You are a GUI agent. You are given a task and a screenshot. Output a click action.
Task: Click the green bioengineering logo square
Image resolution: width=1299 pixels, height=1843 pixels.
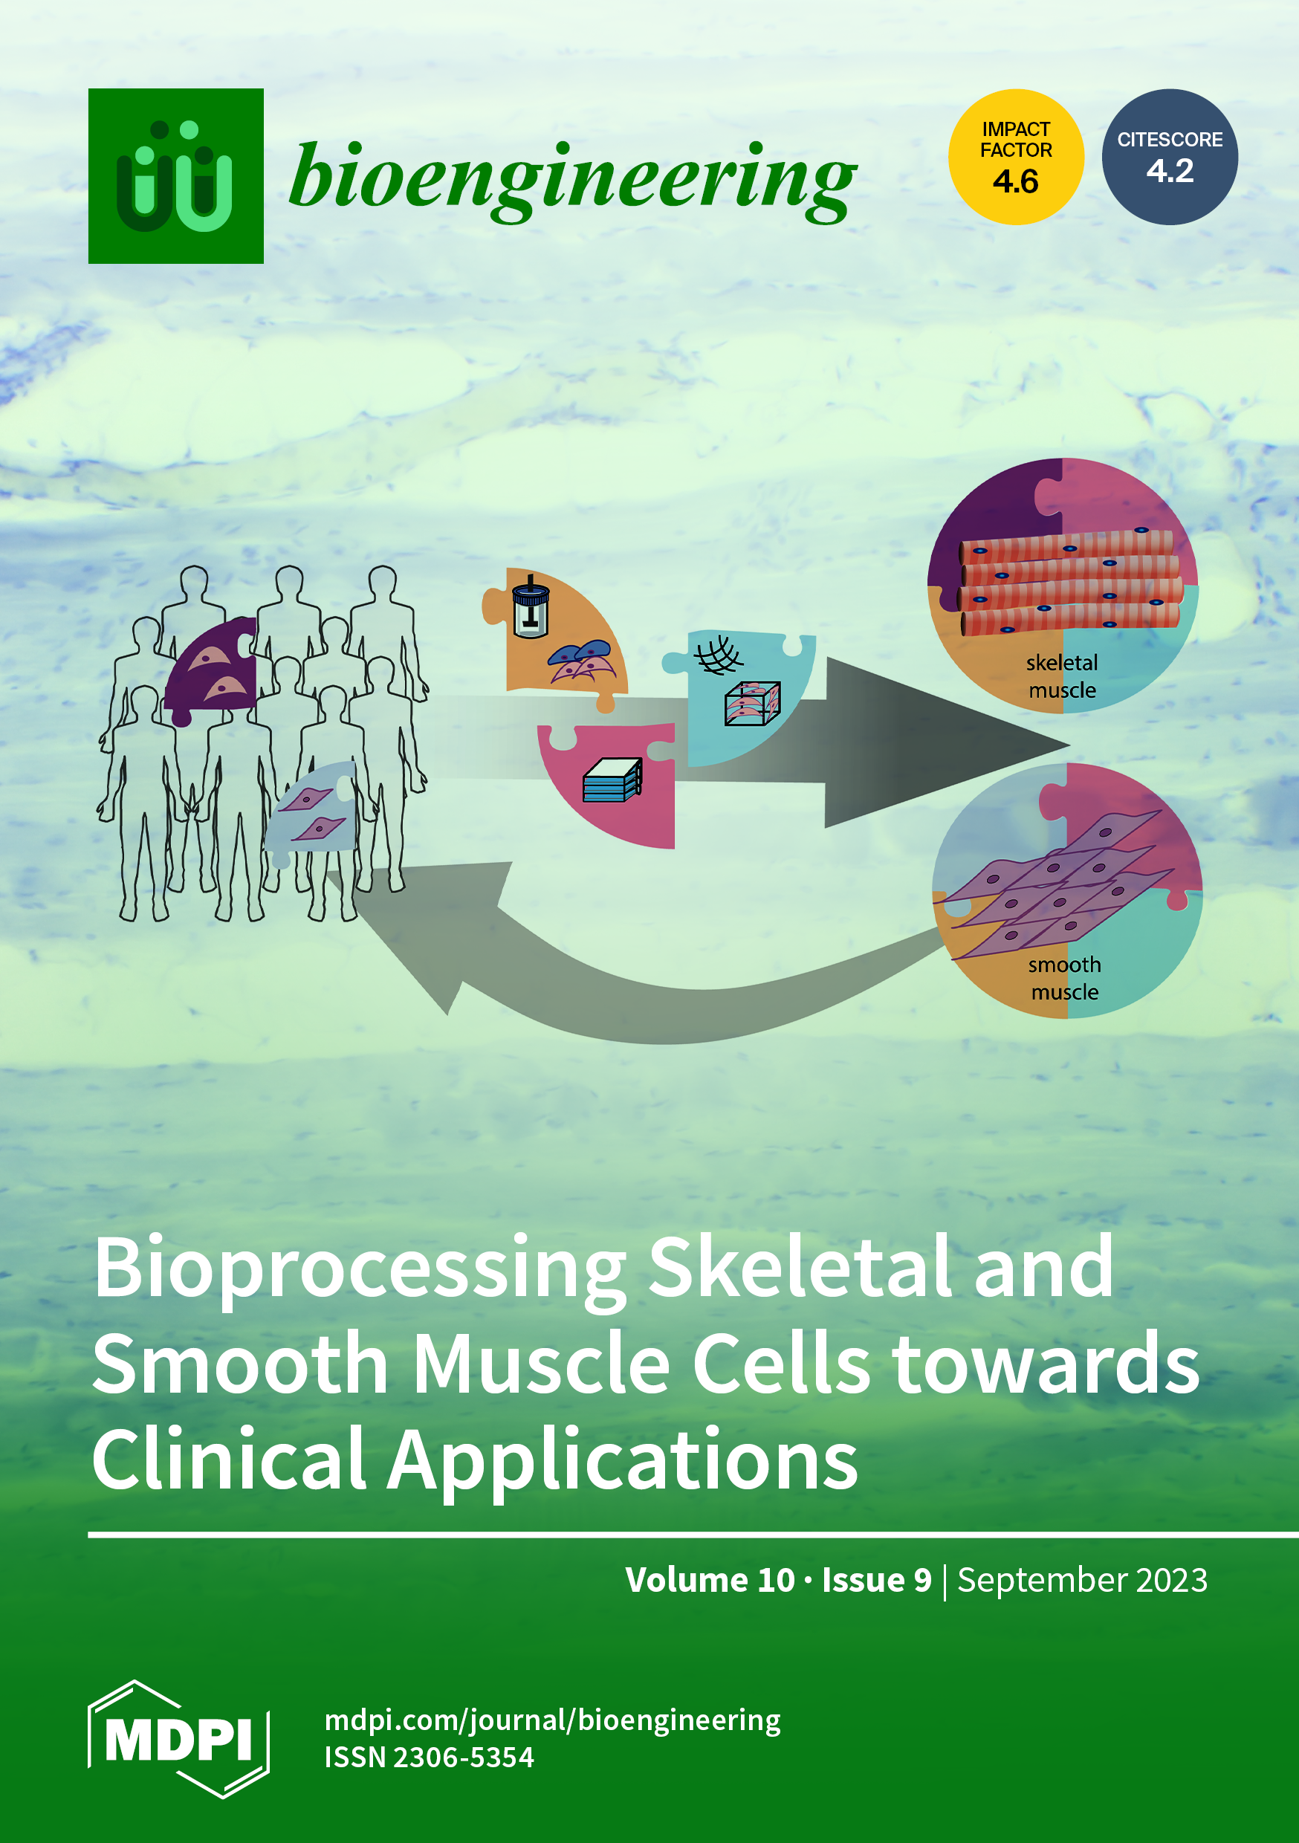(176, 176)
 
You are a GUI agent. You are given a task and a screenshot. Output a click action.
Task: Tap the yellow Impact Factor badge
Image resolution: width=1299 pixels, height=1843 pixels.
(1017, 157)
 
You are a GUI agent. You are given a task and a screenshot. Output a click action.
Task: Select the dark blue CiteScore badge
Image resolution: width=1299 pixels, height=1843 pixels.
(1170, 157)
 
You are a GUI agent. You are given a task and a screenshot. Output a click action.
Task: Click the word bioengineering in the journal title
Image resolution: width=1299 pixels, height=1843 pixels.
(572, 181)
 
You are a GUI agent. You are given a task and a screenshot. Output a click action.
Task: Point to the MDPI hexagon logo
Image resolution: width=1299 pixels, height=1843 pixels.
(178, 1739)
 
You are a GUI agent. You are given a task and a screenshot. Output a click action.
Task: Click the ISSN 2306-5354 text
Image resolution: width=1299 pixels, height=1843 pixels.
(429, 1757)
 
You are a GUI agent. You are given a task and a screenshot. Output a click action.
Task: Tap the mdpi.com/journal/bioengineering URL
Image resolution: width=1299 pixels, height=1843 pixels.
(552, 1720)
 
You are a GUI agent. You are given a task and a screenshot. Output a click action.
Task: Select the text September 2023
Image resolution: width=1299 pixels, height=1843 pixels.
(1082, 1580)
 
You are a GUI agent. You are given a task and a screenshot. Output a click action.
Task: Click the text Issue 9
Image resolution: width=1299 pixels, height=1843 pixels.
(877, 1580)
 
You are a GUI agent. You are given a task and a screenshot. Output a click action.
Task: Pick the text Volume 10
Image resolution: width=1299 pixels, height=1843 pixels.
(710, 1580)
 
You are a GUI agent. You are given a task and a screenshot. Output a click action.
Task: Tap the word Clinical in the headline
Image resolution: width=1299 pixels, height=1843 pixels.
(230, 1460)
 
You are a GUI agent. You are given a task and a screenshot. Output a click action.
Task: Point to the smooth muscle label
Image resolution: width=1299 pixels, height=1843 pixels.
(1065, 979)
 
